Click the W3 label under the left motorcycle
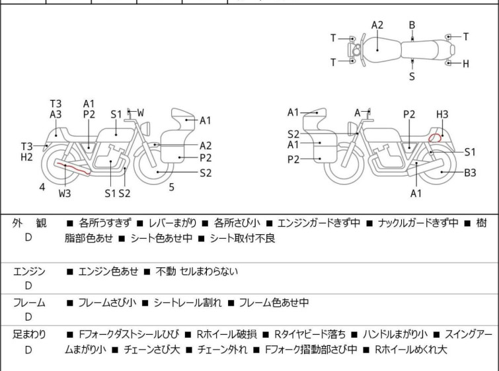pyautogui.click(x=65, y=193)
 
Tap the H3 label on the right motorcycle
pyautogui.click(x=442, y=114)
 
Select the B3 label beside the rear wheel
pyautogui.click(x=470, y=173)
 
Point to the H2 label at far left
pyautogui.click(x=26, y=157)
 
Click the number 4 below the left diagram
pyautogui.click(x=42, y=187)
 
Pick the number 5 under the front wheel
pyautogui.click(x=172, y=187)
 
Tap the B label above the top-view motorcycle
pyautogui.click(x=412, y=25)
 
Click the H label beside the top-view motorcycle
pyautogui.click(x=465, y=63)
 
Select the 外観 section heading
pyautogui.click(x=29, y=223)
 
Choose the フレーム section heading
pyautogui.click(x=29, y=302)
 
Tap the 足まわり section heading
pyautogui.click(x=29, y=335)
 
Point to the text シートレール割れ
pyautogui.click(x=188, y=302)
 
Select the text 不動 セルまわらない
pyautogui.click(x=197, y=271)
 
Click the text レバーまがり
pyautogui.click(x=173, y=223)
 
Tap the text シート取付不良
pyautogui.click(x=243, y=238)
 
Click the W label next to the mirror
pyautogui.click(x=140, y=112)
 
